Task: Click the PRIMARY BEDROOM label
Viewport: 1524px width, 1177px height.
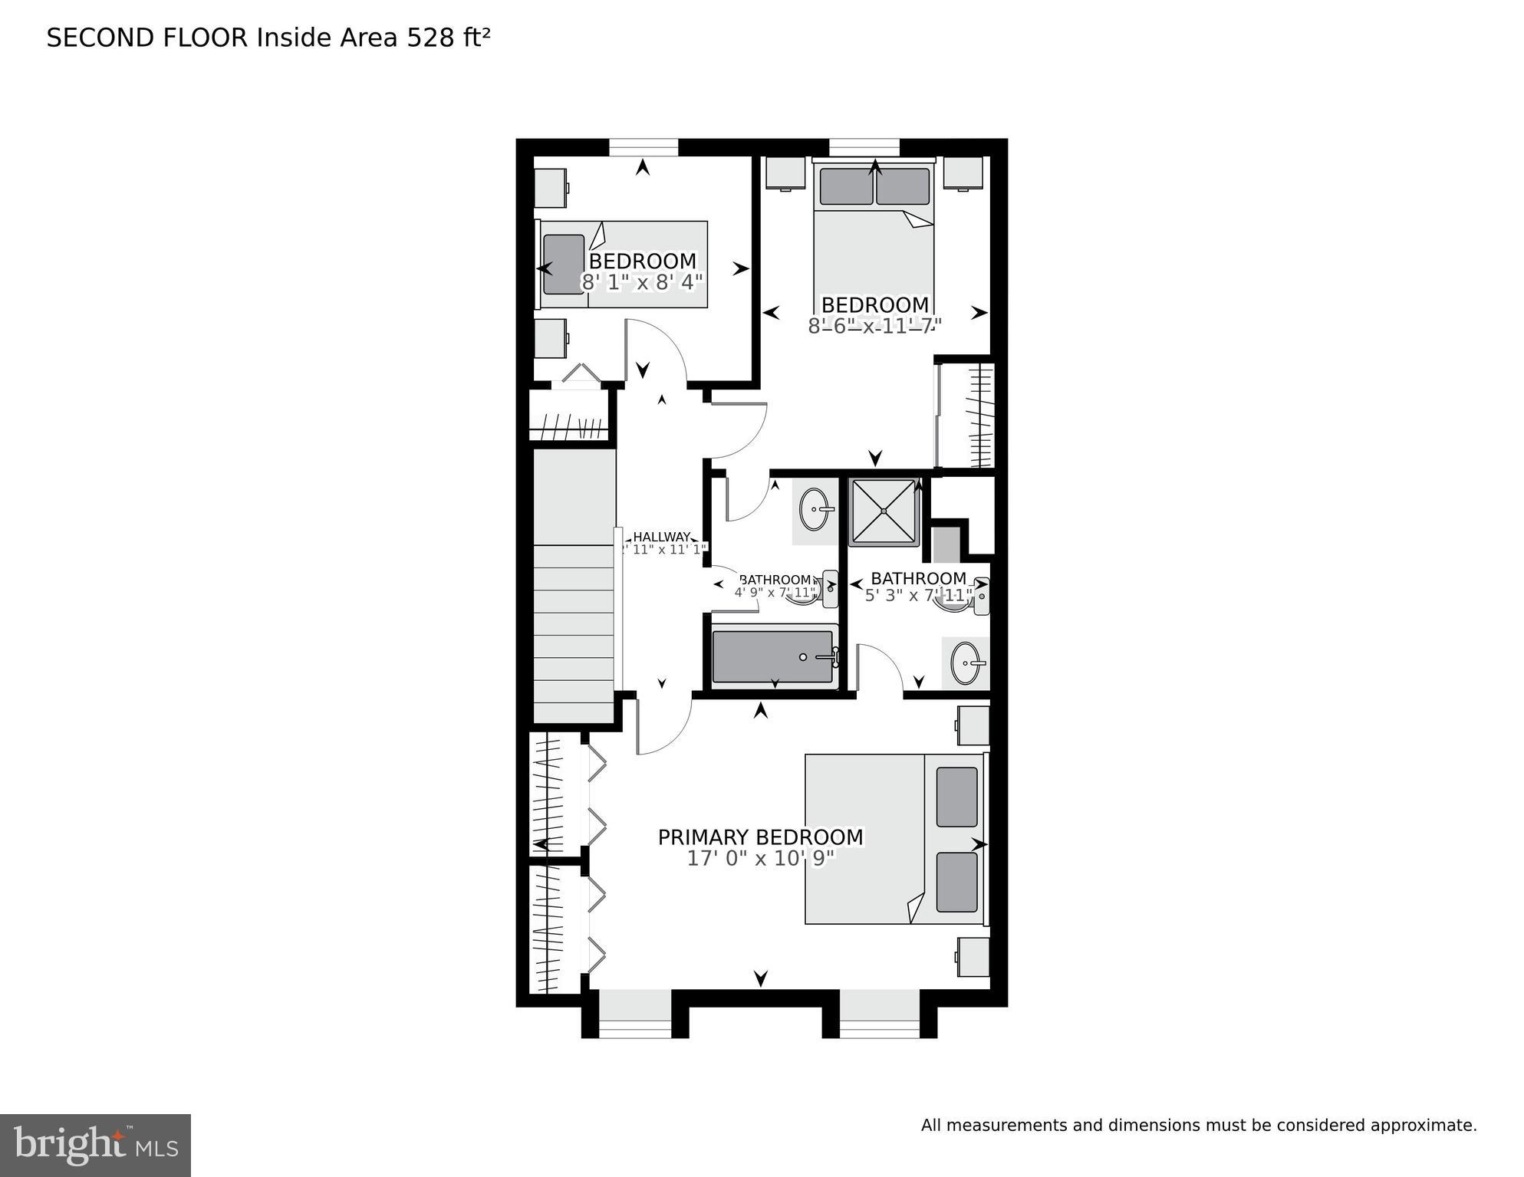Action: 760,837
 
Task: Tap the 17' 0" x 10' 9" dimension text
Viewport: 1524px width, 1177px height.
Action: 760,859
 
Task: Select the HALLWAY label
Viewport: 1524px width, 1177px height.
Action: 661,538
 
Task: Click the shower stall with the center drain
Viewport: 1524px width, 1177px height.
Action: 884,511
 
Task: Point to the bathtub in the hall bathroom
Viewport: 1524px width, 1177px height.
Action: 772,656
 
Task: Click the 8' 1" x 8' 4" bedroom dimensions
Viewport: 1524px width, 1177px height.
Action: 642,283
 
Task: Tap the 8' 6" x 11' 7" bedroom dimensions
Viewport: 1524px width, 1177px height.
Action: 874,327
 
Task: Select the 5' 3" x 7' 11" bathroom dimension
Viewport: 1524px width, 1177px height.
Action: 918,596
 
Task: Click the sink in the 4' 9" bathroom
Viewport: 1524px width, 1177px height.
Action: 815,509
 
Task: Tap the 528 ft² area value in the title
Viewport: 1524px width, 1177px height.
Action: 448,38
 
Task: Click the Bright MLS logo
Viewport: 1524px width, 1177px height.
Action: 95,1146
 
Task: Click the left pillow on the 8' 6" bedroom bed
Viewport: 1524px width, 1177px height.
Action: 846,186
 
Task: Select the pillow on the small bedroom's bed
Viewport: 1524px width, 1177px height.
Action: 564,265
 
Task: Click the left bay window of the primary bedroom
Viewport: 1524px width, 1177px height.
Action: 634,1014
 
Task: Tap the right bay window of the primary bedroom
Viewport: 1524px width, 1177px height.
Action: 879,1014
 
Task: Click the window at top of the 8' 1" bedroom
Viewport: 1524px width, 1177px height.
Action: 643,146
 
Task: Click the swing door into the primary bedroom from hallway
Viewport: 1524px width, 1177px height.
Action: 664,725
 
